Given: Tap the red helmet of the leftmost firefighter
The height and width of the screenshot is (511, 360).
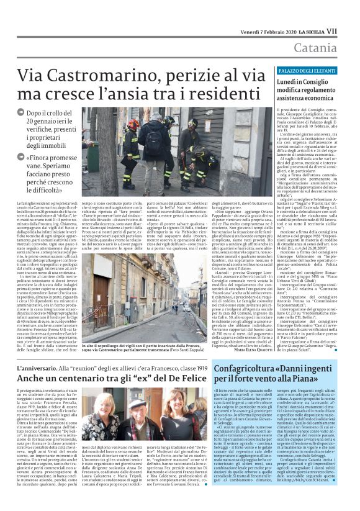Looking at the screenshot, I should [134, 124].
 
